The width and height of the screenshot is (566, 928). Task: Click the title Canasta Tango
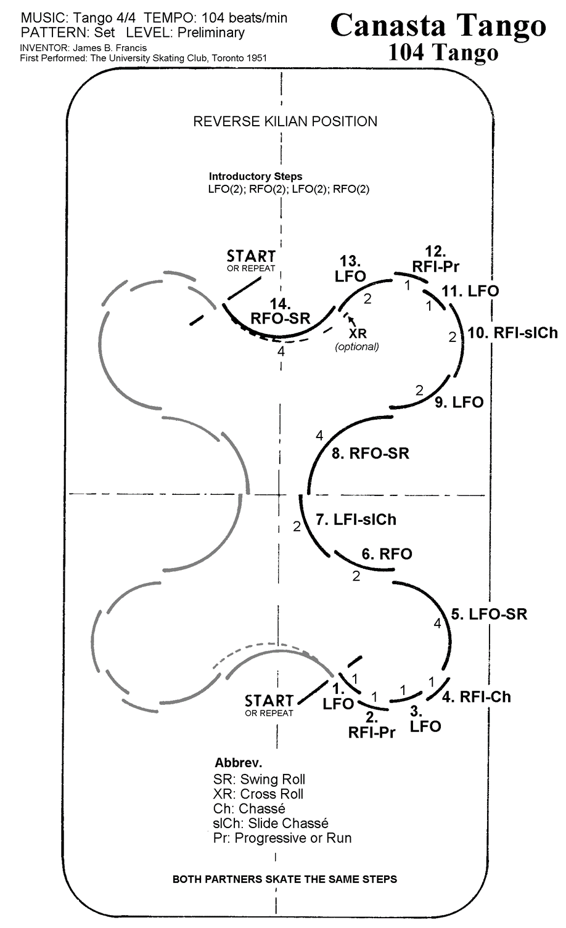(x=438, y=26)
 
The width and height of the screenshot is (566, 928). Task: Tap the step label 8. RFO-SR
(x=370, y=454)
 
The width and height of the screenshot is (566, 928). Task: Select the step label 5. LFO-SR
(x=489, y=614)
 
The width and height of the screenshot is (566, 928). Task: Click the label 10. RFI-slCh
(x=512, y=333)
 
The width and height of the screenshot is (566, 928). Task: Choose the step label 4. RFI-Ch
(x=477, y=697)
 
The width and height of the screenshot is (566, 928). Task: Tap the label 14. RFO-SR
(x=281, y=311)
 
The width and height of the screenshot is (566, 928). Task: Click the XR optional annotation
(x=357, y=340)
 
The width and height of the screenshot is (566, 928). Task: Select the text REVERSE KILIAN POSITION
(x=285, y=121)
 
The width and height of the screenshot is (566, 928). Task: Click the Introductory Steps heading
(x=256, y=176)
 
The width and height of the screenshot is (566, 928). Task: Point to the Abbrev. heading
(x=238, y=762)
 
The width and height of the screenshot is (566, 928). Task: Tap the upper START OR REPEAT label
(x=251, y=259)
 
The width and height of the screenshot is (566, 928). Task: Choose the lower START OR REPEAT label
(x=269, y=704)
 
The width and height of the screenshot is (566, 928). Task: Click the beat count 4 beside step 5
(x=437, y=624)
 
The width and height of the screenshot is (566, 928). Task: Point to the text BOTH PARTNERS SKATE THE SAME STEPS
(x=285, y=879)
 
